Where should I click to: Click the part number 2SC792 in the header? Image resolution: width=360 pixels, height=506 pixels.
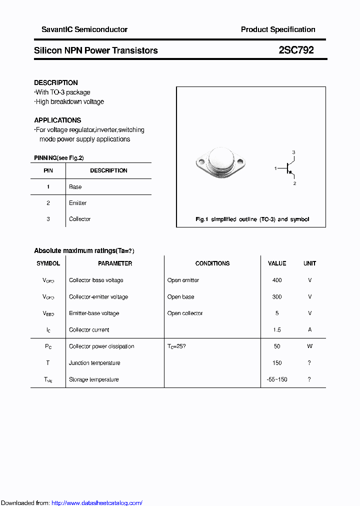[296, 50]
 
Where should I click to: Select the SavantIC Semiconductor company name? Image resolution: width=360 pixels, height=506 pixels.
[84, 29]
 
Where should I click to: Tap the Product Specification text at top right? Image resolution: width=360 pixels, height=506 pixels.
[278, 29]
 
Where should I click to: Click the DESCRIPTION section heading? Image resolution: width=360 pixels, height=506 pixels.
[56, 82]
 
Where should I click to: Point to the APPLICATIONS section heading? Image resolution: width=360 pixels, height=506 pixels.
[57, 120]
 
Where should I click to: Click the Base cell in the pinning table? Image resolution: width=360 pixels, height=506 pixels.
[75, 186]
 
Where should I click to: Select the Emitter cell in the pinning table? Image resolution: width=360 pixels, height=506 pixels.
[78, 203]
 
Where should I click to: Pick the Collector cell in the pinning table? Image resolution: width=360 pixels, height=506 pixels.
[80, 219]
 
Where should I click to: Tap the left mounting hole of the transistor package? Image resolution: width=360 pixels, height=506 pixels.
[201, 162]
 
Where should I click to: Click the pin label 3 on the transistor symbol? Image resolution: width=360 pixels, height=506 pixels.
[294, 152]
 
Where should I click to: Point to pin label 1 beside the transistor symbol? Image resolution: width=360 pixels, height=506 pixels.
[275, 169]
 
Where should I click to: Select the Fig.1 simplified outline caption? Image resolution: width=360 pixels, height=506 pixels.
[252, 219]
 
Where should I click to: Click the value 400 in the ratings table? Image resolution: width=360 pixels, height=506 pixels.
[277, 280]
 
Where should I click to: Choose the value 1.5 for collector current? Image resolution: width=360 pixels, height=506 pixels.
[277, 329]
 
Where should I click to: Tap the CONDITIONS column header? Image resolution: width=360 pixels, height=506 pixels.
[212, 263]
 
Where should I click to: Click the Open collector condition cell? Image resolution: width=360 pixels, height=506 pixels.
[185, 313]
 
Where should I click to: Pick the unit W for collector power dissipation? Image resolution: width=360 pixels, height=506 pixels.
[309, 346]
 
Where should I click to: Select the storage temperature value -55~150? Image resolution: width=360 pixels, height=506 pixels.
[277, 379]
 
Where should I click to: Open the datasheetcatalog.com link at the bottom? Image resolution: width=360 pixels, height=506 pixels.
[97, 503]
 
